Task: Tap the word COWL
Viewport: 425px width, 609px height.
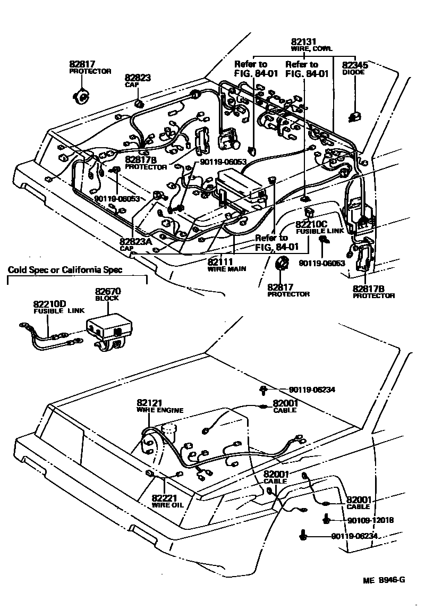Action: tap(322, 48)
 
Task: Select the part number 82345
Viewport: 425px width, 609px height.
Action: tap(354, 64)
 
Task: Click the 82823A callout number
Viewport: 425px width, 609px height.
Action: tap(136, 241)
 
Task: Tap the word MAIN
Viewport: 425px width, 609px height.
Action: tap(236, 268)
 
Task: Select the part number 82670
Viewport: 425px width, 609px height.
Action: tap(108, 291)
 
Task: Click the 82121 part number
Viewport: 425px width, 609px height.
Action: tap(149, 403)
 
